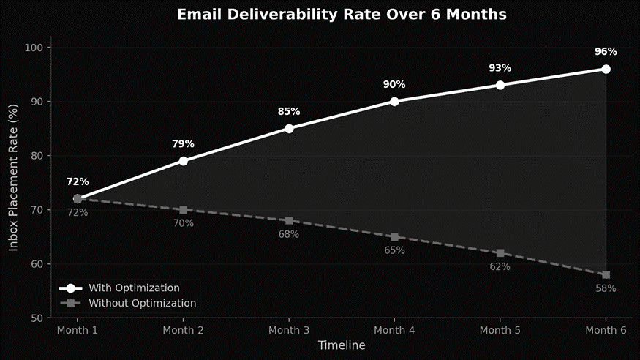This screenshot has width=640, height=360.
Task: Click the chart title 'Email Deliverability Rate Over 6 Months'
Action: click(342, 15)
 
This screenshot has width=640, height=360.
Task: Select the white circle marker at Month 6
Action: click(606, 69)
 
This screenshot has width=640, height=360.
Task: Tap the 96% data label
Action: click(606, 52)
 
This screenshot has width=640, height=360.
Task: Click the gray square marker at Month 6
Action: click(606, 275)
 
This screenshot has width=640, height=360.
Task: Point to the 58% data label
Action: click(606, 289)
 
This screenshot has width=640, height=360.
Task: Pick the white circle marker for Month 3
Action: click(289, 129)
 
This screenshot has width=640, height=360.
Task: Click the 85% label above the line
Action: click(289, 112)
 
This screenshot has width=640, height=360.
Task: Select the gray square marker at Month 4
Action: click(394, 237)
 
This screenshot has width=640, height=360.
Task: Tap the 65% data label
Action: click(394, 251)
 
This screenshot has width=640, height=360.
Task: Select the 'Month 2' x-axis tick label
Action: click(183, 331)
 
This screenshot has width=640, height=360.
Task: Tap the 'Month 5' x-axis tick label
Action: click(500, 331)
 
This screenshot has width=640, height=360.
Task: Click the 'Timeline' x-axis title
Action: click(342, 345)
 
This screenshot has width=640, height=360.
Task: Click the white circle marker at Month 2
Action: click(183, 161)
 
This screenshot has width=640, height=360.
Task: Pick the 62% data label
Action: click(500, 267)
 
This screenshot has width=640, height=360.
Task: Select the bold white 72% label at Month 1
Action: click(78, 182)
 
